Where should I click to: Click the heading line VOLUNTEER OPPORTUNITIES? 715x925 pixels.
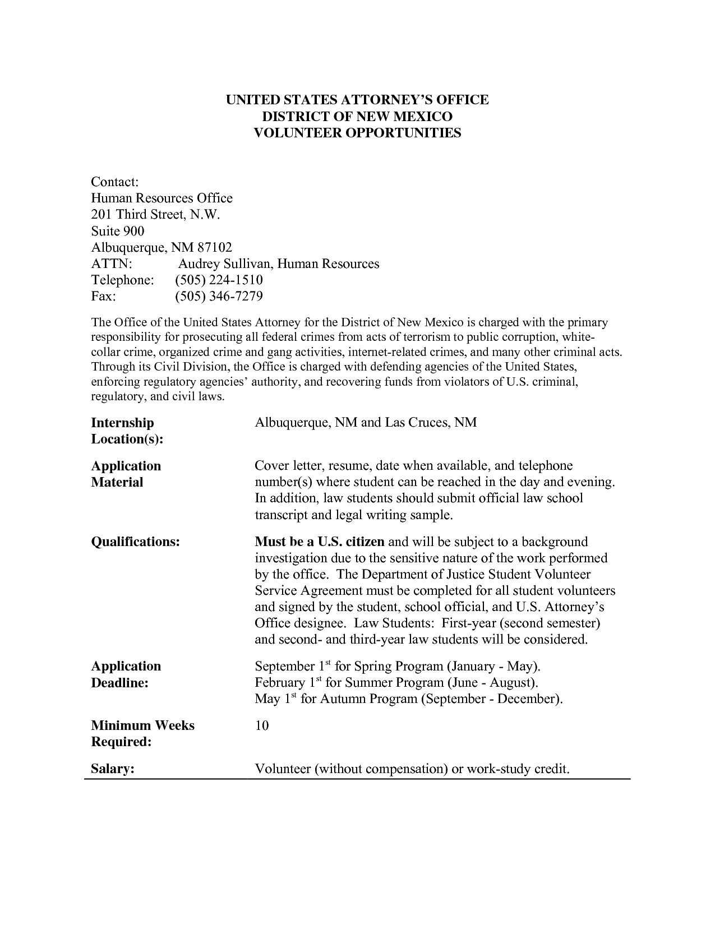click(357, 133)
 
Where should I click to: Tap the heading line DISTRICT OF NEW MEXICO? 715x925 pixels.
click(357, 117)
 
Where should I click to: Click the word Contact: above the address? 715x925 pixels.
click(114, 182)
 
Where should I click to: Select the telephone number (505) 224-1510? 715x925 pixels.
click(219, 280)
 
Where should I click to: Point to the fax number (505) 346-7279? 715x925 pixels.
click(219, 296)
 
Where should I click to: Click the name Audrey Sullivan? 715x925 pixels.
click(224, 263)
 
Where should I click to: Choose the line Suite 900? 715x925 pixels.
click(117, 231)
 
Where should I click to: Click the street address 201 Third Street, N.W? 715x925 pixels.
click(155, 215)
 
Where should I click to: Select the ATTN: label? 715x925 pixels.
click(111, 263)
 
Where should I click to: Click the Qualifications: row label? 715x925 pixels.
click(135, 542)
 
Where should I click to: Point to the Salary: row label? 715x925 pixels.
click(112, 769)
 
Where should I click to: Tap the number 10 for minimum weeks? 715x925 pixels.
click(262, 726)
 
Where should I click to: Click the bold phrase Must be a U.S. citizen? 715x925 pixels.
click(320, 542)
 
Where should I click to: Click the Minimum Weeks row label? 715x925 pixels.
click(142, 725)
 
